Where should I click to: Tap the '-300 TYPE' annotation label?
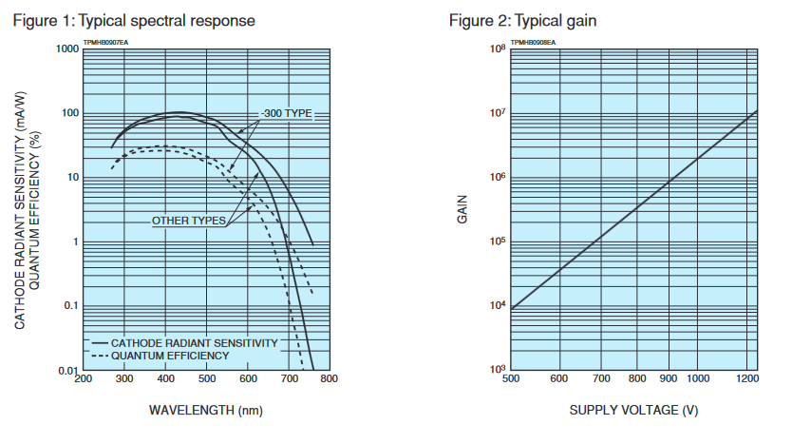(288, 113)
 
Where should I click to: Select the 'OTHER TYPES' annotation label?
(189, 221)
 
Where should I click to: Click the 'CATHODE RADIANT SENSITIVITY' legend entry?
(194, 341)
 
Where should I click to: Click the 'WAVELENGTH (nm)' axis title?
(205, 411)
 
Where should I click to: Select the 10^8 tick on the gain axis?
(495, 48)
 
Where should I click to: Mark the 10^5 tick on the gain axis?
(495, 241)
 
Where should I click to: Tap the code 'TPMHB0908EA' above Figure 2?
(533, 42)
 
